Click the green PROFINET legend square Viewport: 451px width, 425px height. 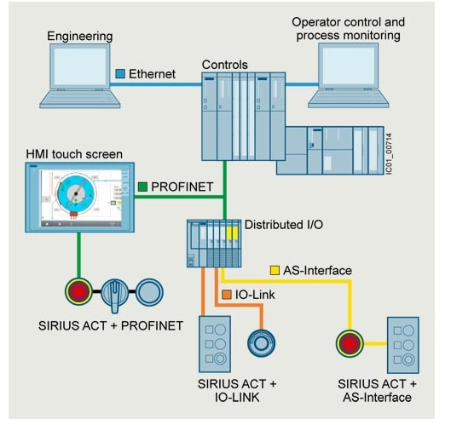coord(142,185)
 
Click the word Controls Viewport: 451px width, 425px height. coord(226,65)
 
